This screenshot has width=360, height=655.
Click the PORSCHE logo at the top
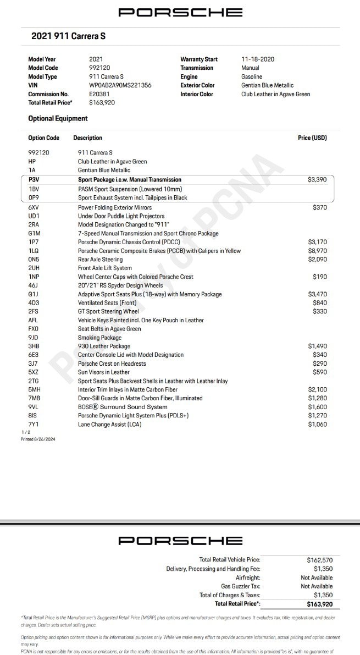coord(180,12)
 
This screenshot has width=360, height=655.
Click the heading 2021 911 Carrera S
coord(68,36)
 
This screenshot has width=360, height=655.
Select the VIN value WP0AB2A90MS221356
coord(120,85)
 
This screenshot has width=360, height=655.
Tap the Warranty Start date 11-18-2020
coord(258,59)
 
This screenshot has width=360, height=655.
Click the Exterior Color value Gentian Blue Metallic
coord(267,85)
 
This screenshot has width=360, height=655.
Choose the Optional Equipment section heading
coord(58,118)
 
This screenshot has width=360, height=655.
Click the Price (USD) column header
coord(312,138)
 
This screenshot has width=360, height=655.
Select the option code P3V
coord(34,180)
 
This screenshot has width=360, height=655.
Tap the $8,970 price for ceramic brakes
coord(317,251)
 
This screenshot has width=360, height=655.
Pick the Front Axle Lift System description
coord(104,268)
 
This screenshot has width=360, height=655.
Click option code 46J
coord(34,285)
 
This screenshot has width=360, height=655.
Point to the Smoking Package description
coord(99,338)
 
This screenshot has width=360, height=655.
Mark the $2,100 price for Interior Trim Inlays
coord(317,389)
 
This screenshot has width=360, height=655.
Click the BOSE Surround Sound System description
coord(123,407)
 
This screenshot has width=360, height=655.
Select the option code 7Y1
coord(34,424)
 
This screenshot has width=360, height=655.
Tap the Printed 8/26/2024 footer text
coord(38,439)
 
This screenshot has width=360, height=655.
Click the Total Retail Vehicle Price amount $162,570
coord(319,560)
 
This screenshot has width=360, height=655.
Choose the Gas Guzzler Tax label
coord(241,586)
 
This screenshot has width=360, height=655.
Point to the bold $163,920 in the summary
coord(319,604)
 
